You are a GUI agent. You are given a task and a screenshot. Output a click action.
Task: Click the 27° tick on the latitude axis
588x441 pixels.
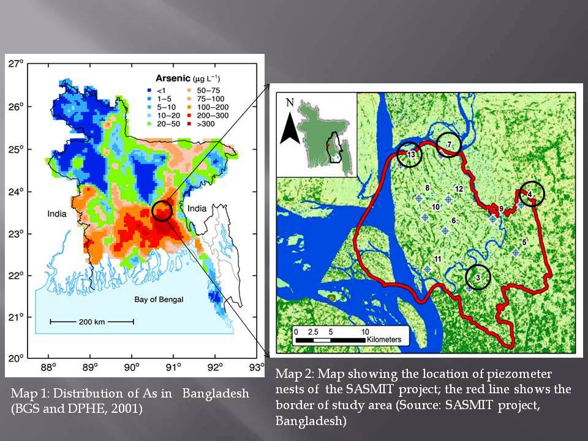click(17, 63)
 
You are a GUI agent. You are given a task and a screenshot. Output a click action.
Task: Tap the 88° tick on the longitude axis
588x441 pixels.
click(48, 367)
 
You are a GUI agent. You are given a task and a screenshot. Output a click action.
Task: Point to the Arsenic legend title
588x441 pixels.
click(188, 78)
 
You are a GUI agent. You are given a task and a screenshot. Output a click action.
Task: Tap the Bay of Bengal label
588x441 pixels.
click(159, 300)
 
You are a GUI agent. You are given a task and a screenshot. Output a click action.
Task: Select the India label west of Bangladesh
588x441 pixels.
click(57, 214)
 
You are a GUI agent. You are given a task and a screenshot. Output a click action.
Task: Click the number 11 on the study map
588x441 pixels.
click(437, 258)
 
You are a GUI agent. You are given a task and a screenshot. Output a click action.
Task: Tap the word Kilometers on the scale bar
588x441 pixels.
click(384, 339)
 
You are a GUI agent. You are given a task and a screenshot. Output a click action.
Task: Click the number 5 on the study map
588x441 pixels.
click(524, 243)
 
